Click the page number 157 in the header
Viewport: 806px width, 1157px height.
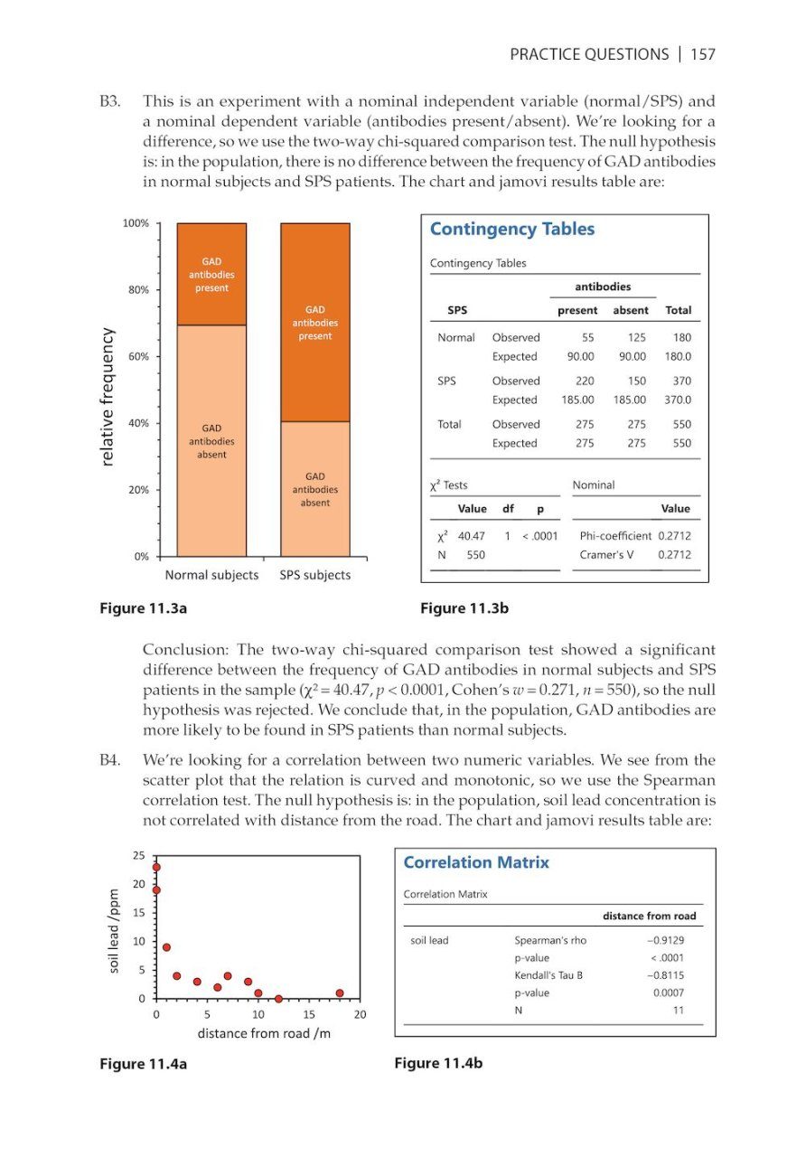coord(702,54)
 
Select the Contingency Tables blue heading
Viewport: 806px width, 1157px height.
coord(511,230)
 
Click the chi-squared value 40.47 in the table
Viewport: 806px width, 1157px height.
coord(472,535)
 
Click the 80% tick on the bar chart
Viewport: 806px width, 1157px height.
coord(142,290)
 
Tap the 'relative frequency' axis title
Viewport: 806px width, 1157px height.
coord(108,397)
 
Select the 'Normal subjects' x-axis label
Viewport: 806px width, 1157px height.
coord(211,575)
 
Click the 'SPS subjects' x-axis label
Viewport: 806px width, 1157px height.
coord(314,575)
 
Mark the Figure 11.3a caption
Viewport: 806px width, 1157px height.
coord(144,608)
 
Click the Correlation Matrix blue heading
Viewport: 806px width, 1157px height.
coord(475,862)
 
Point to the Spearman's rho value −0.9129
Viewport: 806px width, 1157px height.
coord(665,940)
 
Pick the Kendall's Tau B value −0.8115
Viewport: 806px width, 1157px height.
coord(665,975)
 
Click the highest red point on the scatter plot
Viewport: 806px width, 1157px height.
coord(156,867)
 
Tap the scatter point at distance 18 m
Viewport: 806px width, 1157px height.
coord(340,992)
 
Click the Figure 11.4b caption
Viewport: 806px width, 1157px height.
coord(438,1063)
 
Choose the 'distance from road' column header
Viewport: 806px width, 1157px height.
coord(649,916)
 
